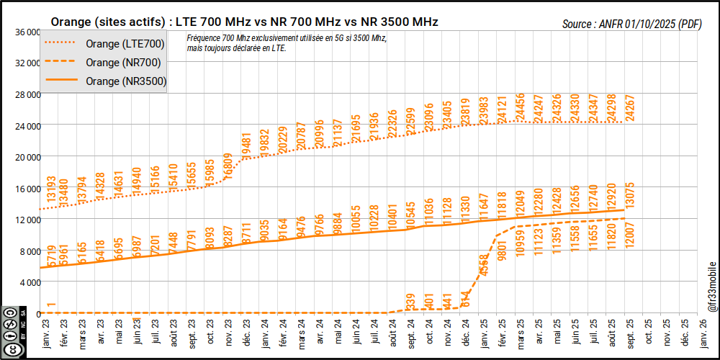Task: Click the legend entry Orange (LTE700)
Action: (x=125, y=45)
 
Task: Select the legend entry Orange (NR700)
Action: (x=122, y=63)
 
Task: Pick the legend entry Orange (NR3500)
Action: (x=125, y=81)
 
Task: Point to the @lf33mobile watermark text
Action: (x=712, y=287)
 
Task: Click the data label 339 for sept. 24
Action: (x=410, y=302)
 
